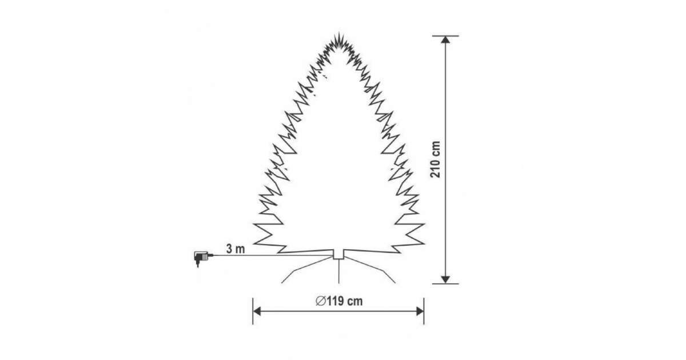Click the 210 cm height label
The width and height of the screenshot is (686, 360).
pos(435,159)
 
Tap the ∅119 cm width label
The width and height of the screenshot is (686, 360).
pos(339,301)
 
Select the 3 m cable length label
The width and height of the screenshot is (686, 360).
pos(236,249)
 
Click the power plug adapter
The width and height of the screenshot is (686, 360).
pos(202,258)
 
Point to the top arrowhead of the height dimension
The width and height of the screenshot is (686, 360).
pos(445,40)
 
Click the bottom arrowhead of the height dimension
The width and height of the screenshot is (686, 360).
pos(445,279)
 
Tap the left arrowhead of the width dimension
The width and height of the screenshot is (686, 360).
pos(257,311)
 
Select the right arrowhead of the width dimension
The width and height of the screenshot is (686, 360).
pos(420,311)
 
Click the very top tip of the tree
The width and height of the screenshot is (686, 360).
pos(338,33)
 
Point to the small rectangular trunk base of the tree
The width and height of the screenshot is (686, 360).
pos(338,254)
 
